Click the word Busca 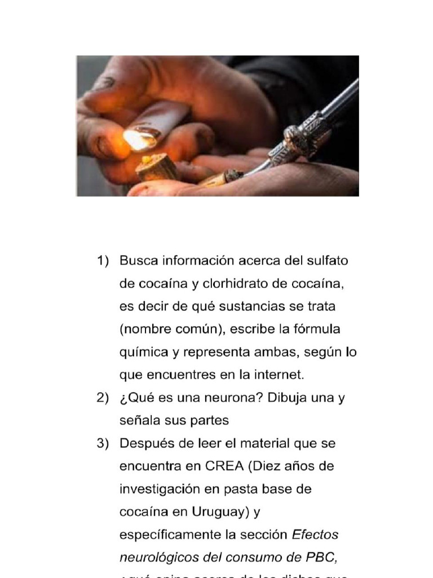coord(139,261)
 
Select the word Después coord(145,444)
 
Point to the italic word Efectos coord(315,535)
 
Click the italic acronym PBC coord(322,558)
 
